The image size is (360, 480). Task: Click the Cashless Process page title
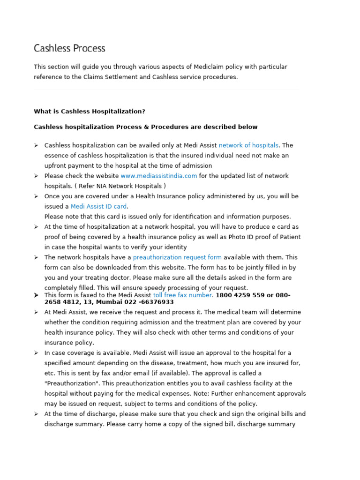tap(69, 48)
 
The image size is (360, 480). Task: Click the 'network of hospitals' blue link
tap(248, 145)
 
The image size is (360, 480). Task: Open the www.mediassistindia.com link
tap(158, 176)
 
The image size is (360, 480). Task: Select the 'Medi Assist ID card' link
tap(98, 206)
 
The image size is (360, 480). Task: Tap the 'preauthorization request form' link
tap(177, 257)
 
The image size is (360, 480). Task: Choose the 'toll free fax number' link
tap(182, 295)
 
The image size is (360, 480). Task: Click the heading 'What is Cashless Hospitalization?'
tap(90, 112)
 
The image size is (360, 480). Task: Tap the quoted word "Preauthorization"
tap(71, 383)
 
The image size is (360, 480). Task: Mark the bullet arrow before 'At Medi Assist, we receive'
tap(36, 312)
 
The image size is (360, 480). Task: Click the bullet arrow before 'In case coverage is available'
tap(36, 353)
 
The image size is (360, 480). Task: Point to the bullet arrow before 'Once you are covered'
tap(36, 196)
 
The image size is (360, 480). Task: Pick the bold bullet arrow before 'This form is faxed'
tap(36, 295)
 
